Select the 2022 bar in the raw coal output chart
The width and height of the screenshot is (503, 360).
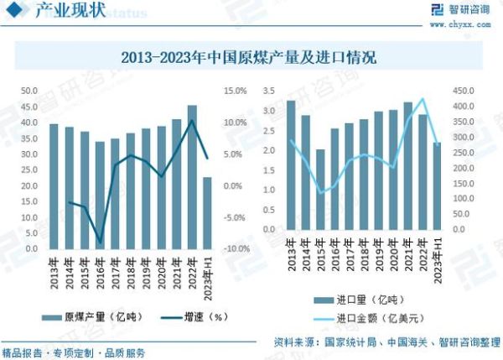coord(192,176)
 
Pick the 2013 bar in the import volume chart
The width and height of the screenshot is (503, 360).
coord(291,164)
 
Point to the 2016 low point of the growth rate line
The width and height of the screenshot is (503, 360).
coord(101,243)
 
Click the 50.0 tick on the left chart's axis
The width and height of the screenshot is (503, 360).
coord(29,91)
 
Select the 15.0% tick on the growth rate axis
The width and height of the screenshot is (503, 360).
coord(235,91)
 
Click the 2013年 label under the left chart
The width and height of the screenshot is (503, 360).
coord(53,268)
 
